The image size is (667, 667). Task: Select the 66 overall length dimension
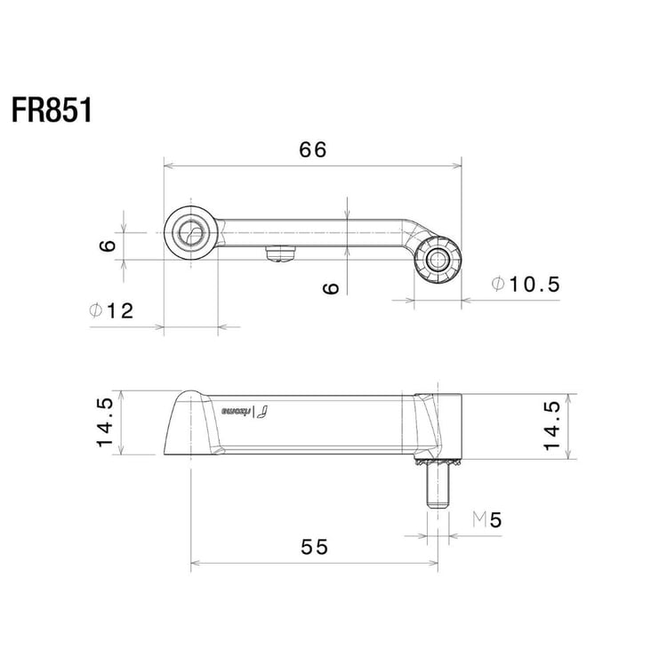[x=313, y=149]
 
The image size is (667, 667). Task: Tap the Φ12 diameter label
[x=112, y=310]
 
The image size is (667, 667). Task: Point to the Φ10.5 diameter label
[x=526, y=285]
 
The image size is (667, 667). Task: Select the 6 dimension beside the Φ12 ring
[x=107, y=245]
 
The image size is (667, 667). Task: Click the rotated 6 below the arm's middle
[x=331, y=287]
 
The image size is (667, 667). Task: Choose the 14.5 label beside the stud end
[x=552, y=424]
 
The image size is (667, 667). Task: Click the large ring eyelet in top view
[x=191, y=233]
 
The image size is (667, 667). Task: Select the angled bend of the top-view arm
[x=410, y=233]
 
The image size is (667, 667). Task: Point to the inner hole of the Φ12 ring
[x=190, y=234]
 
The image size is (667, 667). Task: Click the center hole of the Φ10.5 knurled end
[x=438, y=260]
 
